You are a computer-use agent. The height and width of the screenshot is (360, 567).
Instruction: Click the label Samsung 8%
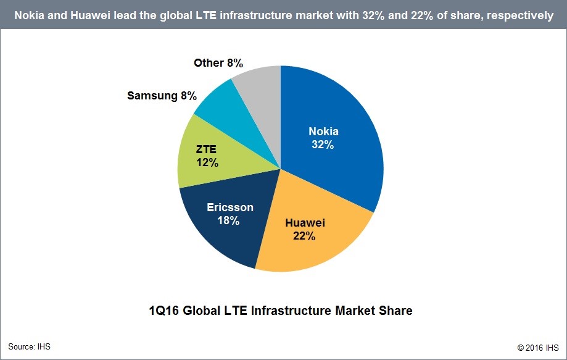[x=162, y=96]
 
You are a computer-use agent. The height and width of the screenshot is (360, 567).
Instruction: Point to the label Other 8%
[x=218, y=62]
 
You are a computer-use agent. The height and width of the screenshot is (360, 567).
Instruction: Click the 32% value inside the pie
[x=323, y=145]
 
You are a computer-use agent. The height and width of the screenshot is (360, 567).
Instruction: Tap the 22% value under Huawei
[x=305, y=236]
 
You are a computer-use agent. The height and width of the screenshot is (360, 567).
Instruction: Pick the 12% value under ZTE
[x=208, y=163]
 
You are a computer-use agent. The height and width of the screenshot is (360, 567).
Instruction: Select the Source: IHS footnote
[x=29, y=346]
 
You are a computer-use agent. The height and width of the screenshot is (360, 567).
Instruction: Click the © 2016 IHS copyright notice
[x=537, y=347]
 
